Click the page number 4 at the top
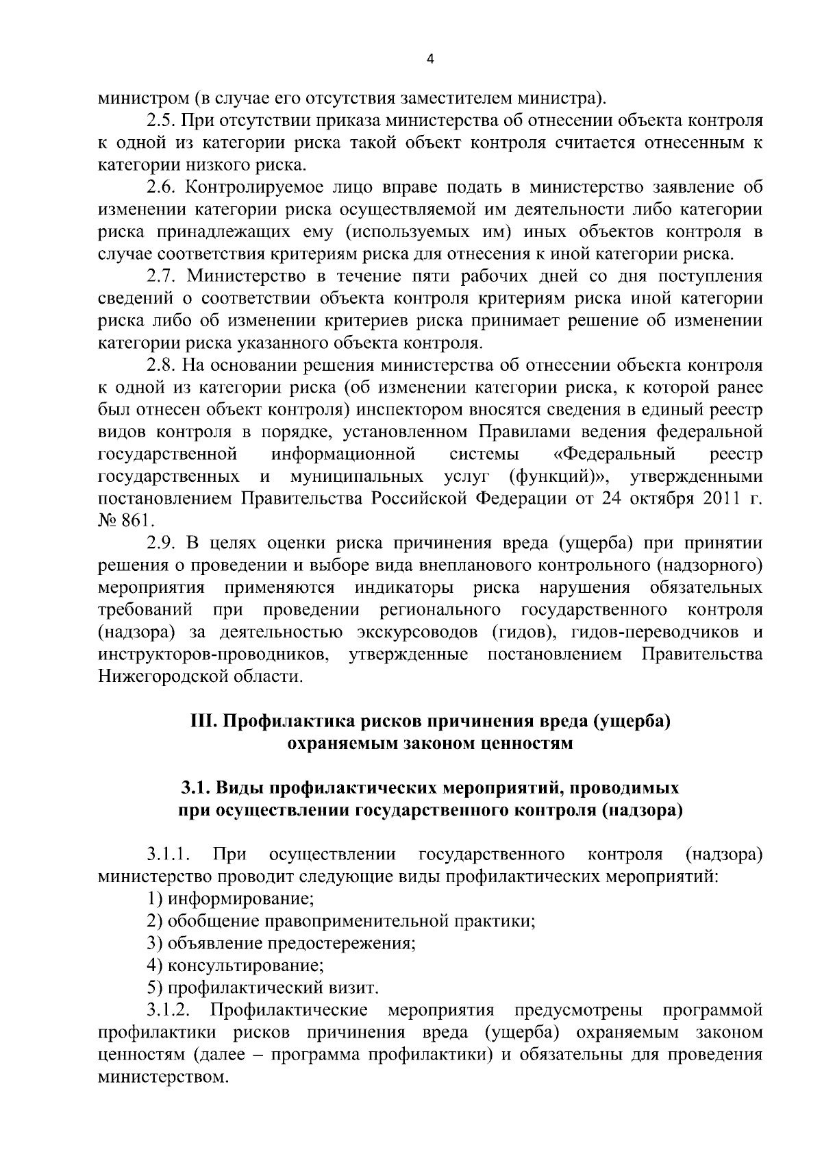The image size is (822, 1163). point(429,59)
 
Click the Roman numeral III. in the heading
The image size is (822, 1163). point(203,721)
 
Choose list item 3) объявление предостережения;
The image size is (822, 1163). point(282,943)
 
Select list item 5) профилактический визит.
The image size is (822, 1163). point(262,988)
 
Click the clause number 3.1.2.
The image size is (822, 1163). point(168,1010)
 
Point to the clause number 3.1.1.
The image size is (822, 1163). point(168,855)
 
